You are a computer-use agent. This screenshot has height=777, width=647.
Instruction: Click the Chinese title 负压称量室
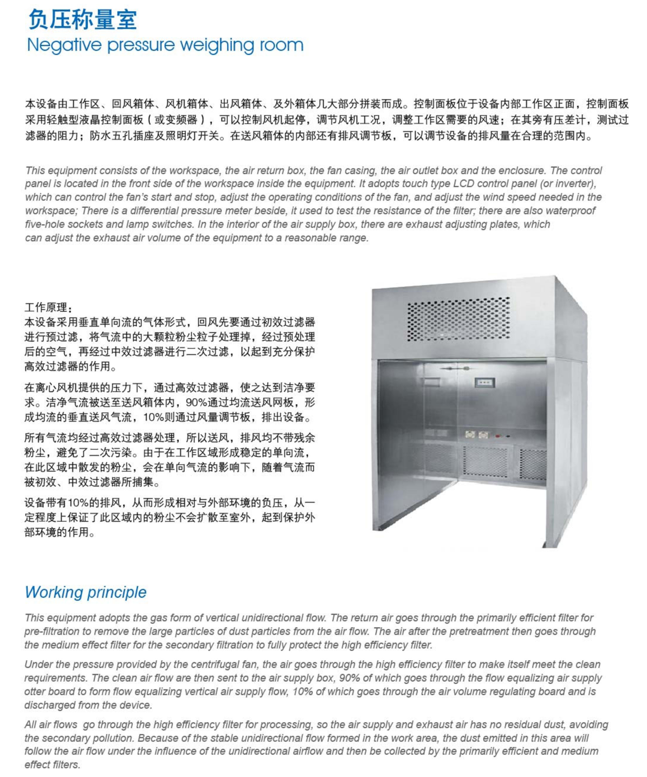click(x=82, y=19)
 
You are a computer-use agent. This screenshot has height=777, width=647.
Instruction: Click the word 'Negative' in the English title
click(x=64, y=45)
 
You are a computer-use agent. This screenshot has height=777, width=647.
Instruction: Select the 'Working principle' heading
click(x=85, y=592)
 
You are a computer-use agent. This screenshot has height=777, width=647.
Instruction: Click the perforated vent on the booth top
click(x=459, y=319)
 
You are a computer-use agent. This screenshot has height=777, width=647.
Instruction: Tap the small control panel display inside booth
click(x=485, y=382)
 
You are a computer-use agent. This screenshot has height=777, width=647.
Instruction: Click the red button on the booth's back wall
click(x=498, y=436)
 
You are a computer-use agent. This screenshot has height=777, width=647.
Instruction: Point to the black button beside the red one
click(x=508, y=436)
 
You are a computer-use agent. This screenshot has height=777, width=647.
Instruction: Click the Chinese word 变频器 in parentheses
click(x=182, y=120)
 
